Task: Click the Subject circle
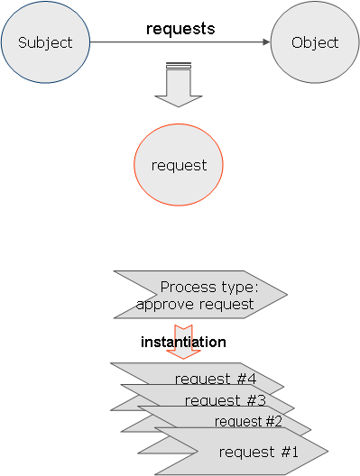click(x=44, y=42)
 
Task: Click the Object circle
click(x=315, y=42)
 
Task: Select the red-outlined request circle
click(x=179, y=165)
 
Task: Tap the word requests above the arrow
click(x=180, y=29)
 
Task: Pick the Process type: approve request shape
click(x=198, y=295)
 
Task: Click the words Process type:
click(x=209, y=288)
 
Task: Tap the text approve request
click(x=195, y=304)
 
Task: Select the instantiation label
click(x=183, y=343)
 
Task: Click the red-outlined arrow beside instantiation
click(x=184, y=342)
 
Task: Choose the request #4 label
click(x=216, y=379)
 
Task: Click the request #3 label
click(x=225, y=400)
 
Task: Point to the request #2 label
click(x=248, y=421)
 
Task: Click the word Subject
click(x=44, y=42)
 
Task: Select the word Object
click(x=315, y=42)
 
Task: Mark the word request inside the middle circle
click(x=179, y=165)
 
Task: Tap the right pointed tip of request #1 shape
click(x=327, y=450)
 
